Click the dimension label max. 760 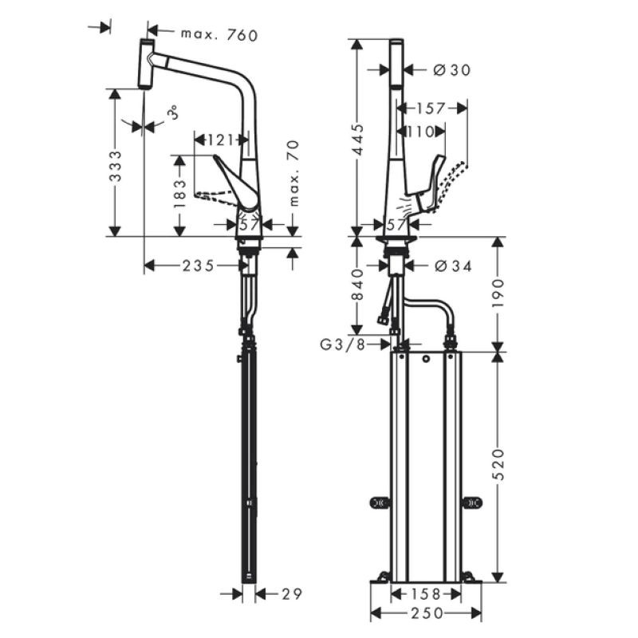[x=219, y=35]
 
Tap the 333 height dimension [x=116, y=166]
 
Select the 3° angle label [x=174, y=112]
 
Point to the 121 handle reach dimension [x=220, y=140]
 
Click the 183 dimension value [x=179, y=193]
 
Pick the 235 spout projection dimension [x=198, y=266]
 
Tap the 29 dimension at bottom [x=292, y=594]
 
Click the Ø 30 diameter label [x=452, y=70]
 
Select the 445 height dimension [x=357, y=140]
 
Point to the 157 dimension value [x=431, y=108]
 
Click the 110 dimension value [x=421, y=132]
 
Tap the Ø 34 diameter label [x=453, y=266]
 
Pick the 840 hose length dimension [x=357, y=285]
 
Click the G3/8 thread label [x=343, y=345]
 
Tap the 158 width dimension [x=426, y=594]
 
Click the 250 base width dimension [x=427, y=613]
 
